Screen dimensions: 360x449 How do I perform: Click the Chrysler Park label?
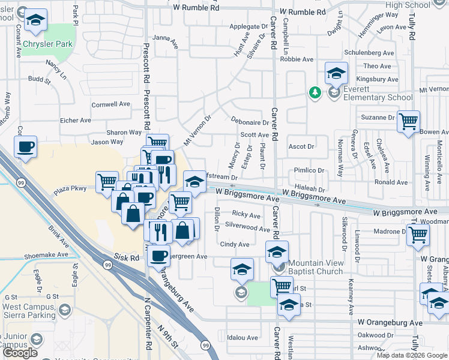pyautogui.click(x=47, y=44)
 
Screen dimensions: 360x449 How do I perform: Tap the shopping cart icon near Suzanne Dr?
pyautogui.click(x=408, y=122)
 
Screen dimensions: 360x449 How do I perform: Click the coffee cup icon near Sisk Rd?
pyautogui.click(x=158, y=256)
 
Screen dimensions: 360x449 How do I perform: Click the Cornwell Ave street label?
pyautogui.click(x=110, y=104)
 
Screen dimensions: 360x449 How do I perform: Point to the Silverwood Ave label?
pyautogui.click(x=247, y=228)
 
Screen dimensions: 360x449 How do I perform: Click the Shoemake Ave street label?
pyautogui.click(x=45, y=254)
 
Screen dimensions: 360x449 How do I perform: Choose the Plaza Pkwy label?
pyautogui.click(x=71, y=189)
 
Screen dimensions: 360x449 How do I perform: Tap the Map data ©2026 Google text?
pyautogui.click(x=411, y=355)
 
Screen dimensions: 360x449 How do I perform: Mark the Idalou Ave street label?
pyautogui.click(x=242, y=338)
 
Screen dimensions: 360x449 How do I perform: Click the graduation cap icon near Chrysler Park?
pyautogui.click(x=37, y=20)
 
